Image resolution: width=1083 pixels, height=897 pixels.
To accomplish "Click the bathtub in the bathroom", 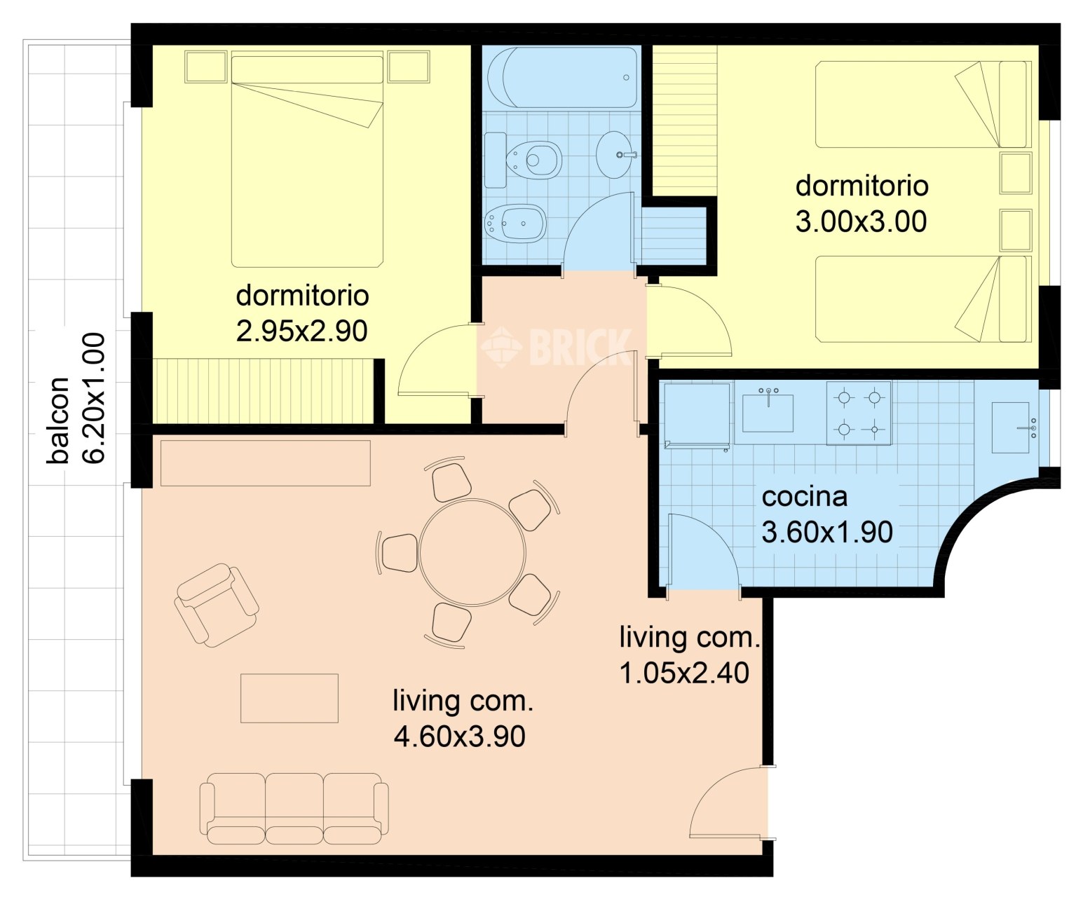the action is tap(562, 77).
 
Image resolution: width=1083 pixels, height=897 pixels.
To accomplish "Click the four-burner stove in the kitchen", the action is tap(859, 413).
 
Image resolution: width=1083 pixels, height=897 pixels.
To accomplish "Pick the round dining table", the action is tap(472, 552).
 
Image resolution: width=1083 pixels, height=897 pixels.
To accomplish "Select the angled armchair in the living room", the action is tap(217, 605).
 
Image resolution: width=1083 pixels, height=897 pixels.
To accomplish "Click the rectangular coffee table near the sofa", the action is tap(290, 698).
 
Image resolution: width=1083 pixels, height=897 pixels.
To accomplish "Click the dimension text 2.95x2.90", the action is tap(301, 331).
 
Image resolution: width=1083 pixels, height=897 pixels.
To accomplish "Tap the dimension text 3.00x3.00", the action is tap(861, 221).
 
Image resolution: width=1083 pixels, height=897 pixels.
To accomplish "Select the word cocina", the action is tap(805, 497).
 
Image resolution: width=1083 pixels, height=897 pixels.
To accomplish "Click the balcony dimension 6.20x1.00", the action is tap(94, 398).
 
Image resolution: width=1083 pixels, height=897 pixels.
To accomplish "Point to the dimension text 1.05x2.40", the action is tap(684, 673).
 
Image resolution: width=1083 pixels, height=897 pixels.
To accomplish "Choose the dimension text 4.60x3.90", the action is tap(460, 737).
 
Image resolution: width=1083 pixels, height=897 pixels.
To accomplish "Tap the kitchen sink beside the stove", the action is tap(768, 411).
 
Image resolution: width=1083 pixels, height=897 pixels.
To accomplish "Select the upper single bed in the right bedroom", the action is tap(921, 104).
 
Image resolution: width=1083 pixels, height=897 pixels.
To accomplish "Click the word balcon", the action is tap(58, 420).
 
